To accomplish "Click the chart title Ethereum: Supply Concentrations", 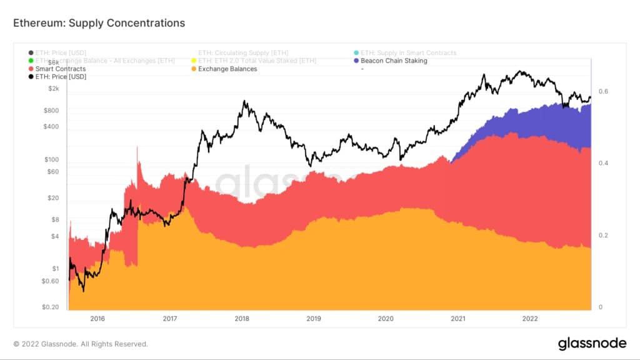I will coord(99,23).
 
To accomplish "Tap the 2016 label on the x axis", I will coord(97,318).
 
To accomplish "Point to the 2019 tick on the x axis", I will coord(314,318).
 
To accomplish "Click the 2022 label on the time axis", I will coord(530,318).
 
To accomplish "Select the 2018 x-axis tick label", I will coord(242,318).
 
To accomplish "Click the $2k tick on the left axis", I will coord(52,89).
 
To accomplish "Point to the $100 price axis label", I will coord(51,159).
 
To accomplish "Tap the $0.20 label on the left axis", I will coord(50,307).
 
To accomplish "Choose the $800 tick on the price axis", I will coord(51,111).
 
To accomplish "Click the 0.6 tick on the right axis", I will coord(602,91).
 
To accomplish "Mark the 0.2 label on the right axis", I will coord(602,236).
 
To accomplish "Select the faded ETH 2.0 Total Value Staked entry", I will coord(256,61).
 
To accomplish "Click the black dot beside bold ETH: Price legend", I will coord(31,76).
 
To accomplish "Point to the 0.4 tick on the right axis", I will coord(602,163).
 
